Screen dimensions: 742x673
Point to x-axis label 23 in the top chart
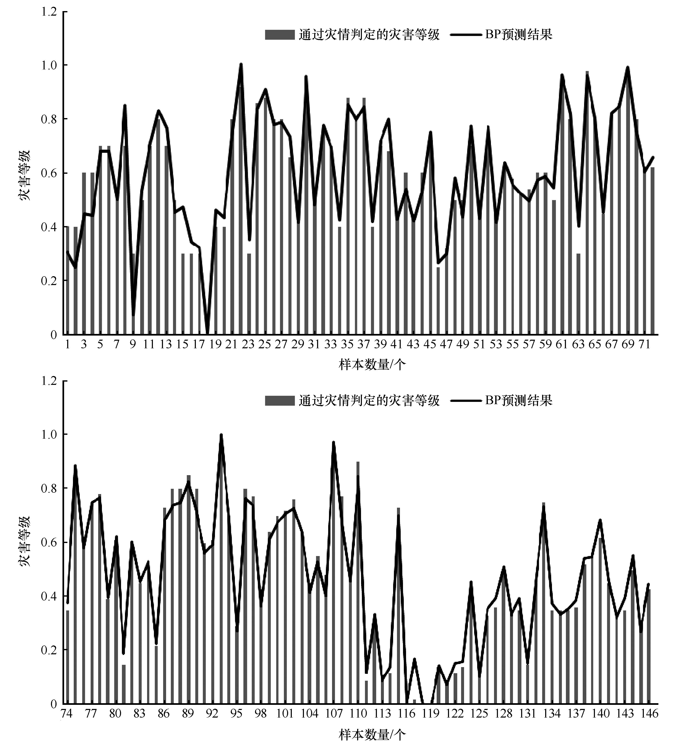(x=248, y=344)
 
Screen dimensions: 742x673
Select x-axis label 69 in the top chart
(x=628, y=344)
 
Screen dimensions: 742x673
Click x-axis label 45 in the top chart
(x=429, y=344)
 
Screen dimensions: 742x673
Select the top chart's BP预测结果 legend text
(x=519, y=35)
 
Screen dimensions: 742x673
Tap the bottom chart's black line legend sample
(x=466, y=400)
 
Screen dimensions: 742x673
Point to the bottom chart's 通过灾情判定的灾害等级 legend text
(x=369, y=400)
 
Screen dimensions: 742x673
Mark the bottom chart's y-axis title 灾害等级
(x=25, y=541)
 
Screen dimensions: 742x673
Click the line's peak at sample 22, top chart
(x=241, y=64)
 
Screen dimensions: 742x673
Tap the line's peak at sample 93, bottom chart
(x=221, y=435)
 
